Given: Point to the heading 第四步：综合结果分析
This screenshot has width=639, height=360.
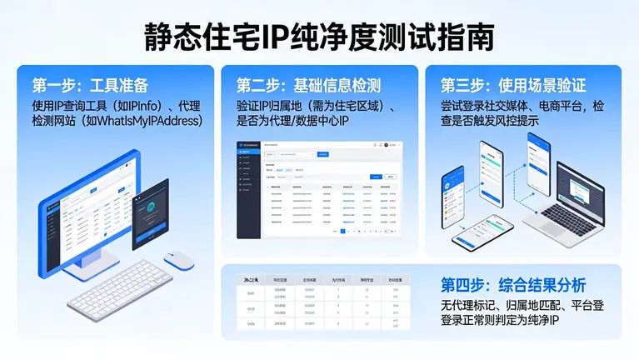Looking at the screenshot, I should tap(525, 283).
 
